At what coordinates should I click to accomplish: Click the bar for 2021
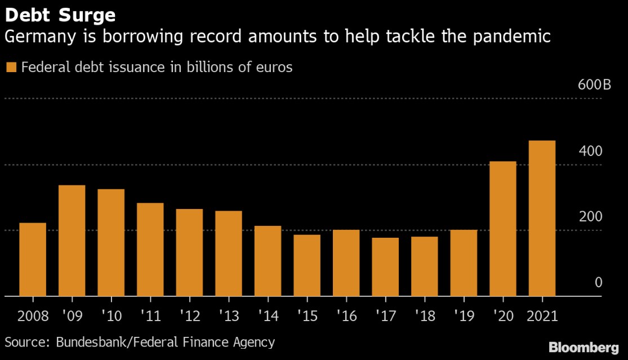coord(542,218)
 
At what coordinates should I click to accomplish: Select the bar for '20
coord(502,228)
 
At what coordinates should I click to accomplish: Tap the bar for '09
coord(72,240)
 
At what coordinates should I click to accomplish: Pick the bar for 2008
coord(33,259)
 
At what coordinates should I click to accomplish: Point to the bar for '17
coord(385,266)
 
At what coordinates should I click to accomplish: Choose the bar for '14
coord(268,260)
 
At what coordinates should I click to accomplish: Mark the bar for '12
coord(189,252)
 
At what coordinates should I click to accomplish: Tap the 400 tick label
coord(591,151)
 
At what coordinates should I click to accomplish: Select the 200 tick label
coord(591,217)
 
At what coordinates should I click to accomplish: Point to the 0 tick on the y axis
coord(599,282)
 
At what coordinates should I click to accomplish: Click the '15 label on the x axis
coord(307,314)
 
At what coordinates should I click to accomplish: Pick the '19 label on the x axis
coord(464,314)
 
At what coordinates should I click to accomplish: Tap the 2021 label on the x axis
coord(542,314)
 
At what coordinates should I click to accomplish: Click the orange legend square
coord(11,68)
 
